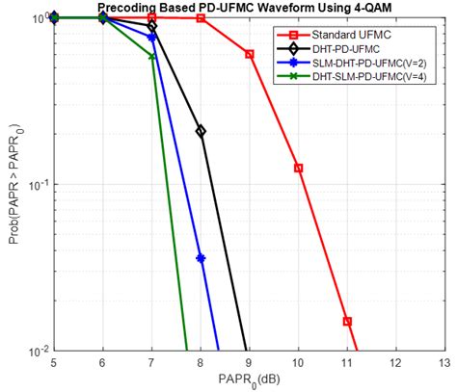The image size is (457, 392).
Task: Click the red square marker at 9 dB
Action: pos(250,54)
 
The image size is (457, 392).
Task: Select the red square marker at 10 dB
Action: pos(299,168)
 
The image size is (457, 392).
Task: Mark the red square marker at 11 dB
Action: pos(347,321)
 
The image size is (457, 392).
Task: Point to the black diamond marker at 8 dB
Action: pos(201,131)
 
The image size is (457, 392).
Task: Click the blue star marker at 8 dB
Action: pos(201,257)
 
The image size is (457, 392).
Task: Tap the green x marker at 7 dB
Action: pos(152,57)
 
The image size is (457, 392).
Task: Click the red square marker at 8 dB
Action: pos(201,18)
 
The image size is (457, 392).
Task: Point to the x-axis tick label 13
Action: pos(444,363)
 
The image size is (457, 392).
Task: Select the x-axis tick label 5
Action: pos(54,363)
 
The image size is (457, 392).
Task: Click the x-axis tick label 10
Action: pos(298,363)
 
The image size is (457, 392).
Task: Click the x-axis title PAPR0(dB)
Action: pos(248,380)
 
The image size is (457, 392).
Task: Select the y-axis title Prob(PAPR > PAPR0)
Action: pos(13,183)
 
